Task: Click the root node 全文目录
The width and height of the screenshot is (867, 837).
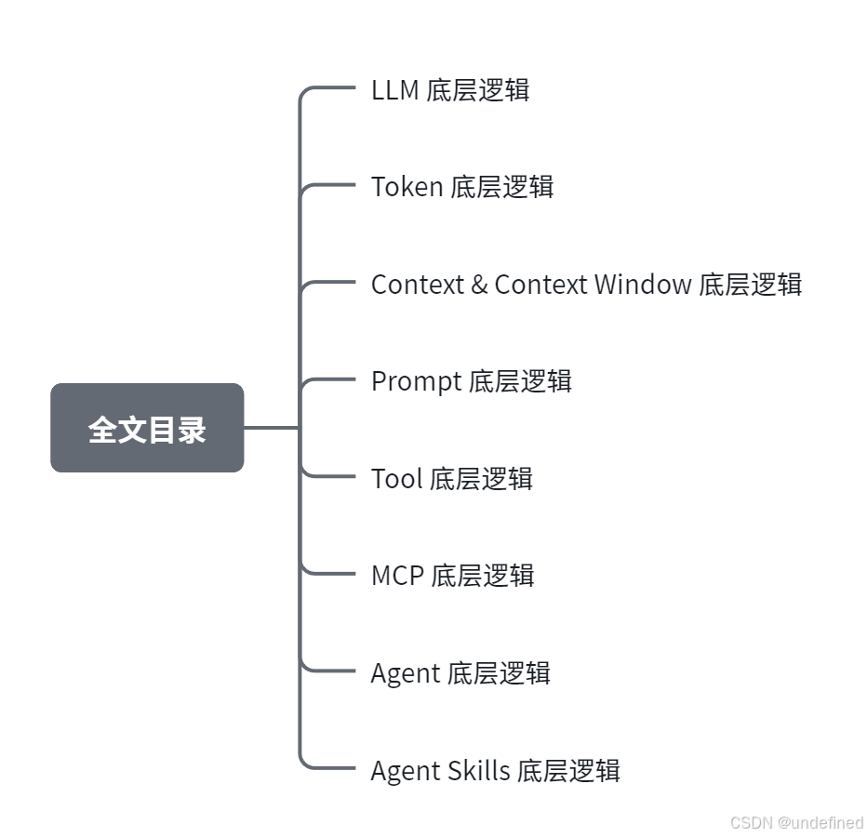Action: (147, 428)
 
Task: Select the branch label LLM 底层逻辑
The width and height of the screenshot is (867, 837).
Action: (450, 90)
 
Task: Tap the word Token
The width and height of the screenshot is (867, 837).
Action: (407, 187)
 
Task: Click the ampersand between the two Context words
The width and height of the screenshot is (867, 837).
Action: (479, 285)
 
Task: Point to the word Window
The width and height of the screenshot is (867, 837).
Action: (643, 285)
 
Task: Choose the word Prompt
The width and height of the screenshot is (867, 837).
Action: (416, 381)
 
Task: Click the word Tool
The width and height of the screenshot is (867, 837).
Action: (396, 479)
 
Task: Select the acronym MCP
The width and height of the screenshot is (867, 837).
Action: (397, 576)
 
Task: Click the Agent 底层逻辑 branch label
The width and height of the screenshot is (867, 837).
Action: (460, 673)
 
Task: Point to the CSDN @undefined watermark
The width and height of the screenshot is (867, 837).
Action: (796, 823)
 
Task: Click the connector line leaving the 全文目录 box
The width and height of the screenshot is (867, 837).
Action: (271, 428)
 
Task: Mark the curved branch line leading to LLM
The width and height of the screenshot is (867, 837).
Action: (316, 89)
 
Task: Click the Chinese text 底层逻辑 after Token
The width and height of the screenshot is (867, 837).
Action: (502, 187)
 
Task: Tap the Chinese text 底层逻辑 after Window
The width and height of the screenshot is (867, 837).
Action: (751, 285)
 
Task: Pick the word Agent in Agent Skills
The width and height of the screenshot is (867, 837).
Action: (405, 771)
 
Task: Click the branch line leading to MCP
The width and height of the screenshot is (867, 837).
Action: (330, 573)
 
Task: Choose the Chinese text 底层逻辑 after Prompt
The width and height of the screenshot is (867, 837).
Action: (520, 381)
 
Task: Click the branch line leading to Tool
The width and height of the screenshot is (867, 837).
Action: (330, 476)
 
